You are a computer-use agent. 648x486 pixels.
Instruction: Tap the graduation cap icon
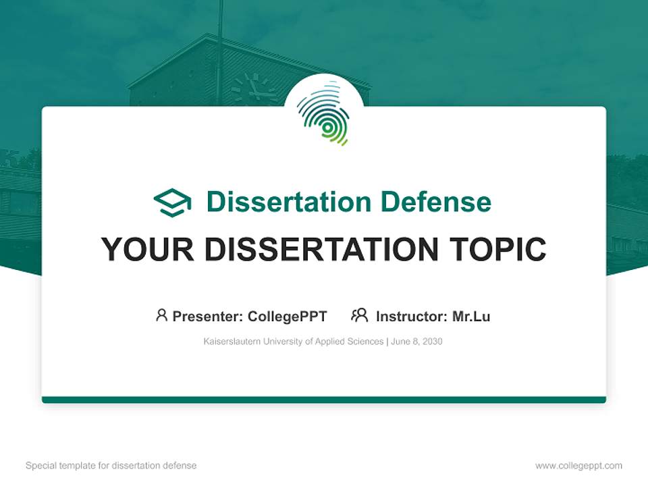(x=172, y=202)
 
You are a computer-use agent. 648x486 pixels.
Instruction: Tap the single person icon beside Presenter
(x=161, y=315)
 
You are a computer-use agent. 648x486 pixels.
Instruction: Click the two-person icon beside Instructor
(x=359, y=315)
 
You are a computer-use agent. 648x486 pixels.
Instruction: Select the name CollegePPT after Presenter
(x=288, y=316)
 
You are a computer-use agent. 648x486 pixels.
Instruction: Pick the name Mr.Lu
(x=471, y=316)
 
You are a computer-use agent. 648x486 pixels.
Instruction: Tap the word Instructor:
(x=411, y=316)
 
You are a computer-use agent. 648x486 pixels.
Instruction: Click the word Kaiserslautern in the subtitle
(x=230, y=342)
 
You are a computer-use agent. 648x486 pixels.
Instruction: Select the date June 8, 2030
(x=416, y=342)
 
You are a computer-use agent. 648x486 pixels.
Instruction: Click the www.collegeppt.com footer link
(x=578, y=466)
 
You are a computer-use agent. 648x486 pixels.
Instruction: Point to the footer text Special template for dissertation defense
(x=111, y=466)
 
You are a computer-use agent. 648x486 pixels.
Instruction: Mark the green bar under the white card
(x=324, y=400)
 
